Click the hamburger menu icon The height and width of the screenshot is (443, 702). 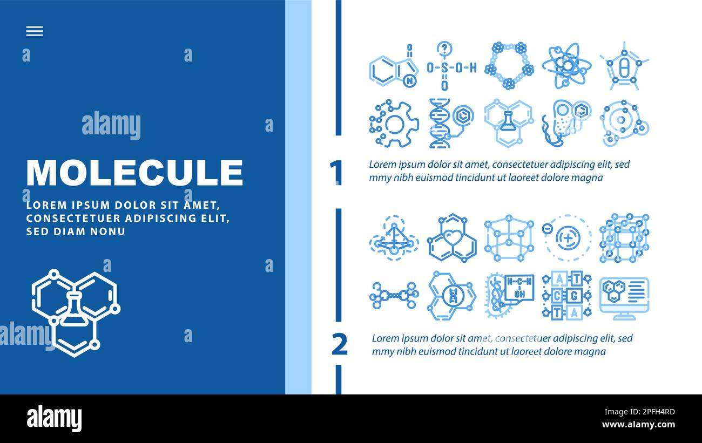pos(34,32)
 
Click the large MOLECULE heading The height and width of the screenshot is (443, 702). pos(134,173)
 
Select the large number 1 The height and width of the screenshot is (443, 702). pos(336,172)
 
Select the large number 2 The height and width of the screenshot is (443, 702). pos(339,345)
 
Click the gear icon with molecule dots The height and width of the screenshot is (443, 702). pos(394,124)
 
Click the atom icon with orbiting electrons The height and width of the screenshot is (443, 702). pos(566,66)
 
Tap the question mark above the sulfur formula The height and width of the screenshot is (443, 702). pos(444,49)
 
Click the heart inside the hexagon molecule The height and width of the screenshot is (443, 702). pos(451,237)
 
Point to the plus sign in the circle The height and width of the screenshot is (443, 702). pos(568,236)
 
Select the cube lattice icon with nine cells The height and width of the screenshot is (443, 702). pos(624,238)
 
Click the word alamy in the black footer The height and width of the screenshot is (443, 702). pos(54,419)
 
